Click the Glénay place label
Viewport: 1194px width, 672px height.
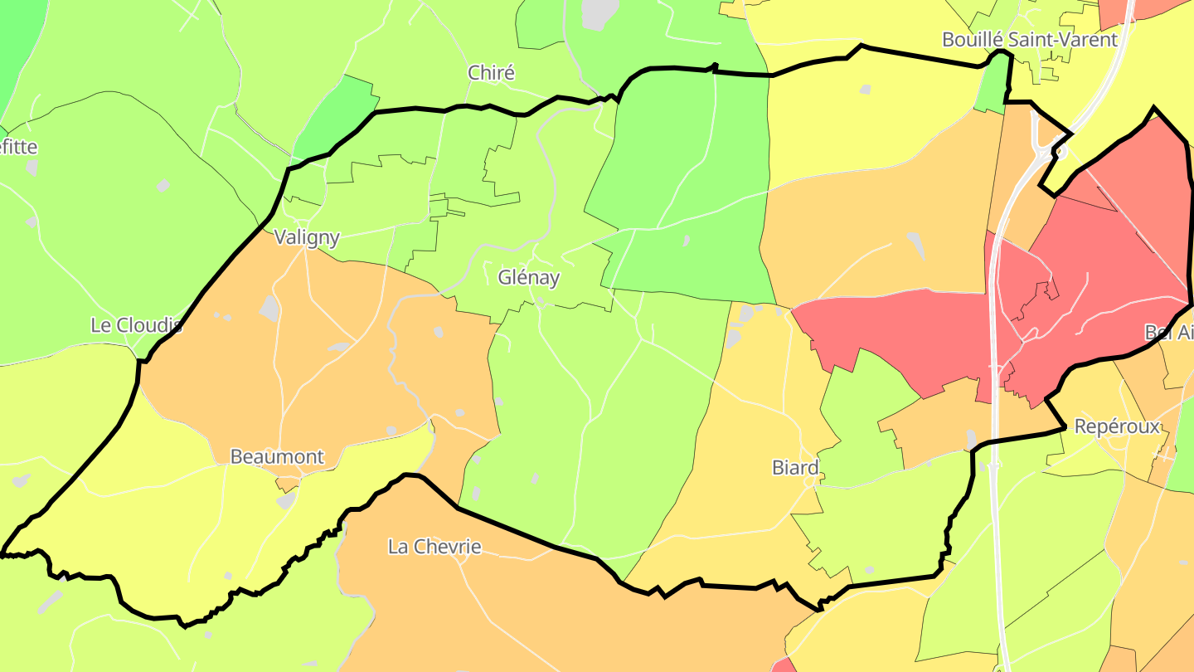pos(528,278)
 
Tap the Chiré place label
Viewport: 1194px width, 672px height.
pos(491,73)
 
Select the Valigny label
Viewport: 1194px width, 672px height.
pos(307,237)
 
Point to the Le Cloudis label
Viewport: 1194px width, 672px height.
pos(136,325)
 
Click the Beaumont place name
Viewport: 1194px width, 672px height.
pos(277,457)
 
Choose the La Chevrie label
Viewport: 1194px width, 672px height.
pos(434,547)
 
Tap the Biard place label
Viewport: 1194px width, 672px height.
pos(795,468)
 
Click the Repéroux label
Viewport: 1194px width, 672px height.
pos(1117,427)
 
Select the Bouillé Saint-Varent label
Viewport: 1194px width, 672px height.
pos(1030,39)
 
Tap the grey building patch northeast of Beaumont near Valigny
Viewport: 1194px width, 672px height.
pos(269,308)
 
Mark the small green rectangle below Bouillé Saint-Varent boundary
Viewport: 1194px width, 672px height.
pos(990,88)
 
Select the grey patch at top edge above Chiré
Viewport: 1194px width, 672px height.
pos(599,12)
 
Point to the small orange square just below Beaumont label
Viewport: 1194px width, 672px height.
pos(287,481)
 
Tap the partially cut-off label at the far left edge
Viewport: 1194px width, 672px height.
pos(17,147)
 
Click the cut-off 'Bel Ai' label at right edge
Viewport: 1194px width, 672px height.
pos(1169,332)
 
